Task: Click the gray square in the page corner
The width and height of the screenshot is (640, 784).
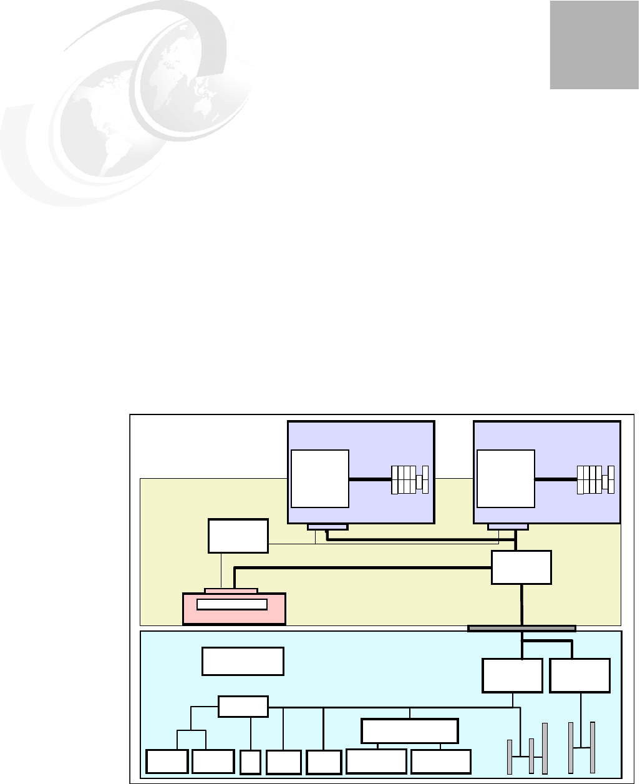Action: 594,45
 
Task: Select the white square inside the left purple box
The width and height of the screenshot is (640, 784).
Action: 319,478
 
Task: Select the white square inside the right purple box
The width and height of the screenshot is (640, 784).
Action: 505,478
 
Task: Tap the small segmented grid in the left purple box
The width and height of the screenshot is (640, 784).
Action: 409,479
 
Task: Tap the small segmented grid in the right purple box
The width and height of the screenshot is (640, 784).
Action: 595,479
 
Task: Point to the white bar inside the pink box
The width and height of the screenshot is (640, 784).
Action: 231,604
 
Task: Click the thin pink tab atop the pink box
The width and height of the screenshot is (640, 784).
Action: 231,590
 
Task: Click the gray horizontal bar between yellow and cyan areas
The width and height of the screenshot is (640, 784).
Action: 521,628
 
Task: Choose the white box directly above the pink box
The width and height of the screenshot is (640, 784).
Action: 238,536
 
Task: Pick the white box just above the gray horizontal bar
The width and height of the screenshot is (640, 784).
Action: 521,567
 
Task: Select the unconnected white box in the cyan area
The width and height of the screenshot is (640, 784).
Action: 243,661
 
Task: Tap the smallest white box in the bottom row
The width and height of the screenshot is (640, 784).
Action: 250,762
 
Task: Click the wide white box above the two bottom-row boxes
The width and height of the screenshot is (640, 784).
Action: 410,731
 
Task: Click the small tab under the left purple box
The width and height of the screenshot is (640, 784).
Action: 327,527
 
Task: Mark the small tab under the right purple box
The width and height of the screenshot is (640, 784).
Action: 507,527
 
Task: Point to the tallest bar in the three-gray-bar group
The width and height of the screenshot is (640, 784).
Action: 545,748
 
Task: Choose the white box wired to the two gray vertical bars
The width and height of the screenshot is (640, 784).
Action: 579,675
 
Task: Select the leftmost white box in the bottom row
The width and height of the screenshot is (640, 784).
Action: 167,762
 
